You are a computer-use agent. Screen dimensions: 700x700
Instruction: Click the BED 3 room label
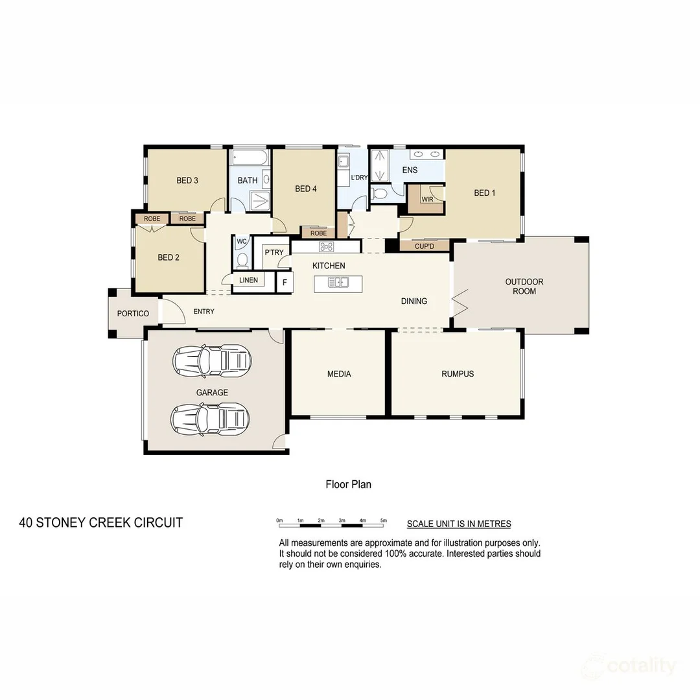click(187, 180)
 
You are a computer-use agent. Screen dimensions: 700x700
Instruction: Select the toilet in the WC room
click(242, 261)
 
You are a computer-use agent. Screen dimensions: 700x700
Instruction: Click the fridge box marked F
click(284, 282)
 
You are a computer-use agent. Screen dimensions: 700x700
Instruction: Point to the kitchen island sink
click(338, 282)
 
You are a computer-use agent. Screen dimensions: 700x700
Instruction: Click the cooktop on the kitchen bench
click(326, 246)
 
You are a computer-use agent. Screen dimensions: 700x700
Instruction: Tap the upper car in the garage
click(212, 360)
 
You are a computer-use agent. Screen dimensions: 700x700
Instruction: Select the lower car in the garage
click(211, 418)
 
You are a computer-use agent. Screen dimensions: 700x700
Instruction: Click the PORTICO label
click(133, 314)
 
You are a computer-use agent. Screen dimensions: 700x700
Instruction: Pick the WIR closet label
click(427, 200)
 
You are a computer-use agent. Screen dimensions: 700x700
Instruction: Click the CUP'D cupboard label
click(425, 246)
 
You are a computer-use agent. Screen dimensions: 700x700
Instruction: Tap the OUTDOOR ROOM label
click(524, 286)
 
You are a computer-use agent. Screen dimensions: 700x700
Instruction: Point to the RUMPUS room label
click(458, 374)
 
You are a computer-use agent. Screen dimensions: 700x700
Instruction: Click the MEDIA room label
click(339, 374)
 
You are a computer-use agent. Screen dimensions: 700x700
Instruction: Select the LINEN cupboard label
click(248, 280)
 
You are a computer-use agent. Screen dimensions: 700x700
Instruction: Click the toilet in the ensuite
click(380, 193)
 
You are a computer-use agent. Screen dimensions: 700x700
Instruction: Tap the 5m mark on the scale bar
click(384, 520)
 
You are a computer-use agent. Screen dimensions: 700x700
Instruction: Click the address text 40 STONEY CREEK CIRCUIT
click(101, 522)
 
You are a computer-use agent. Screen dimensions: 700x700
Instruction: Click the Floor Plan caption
click(348, 484)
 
